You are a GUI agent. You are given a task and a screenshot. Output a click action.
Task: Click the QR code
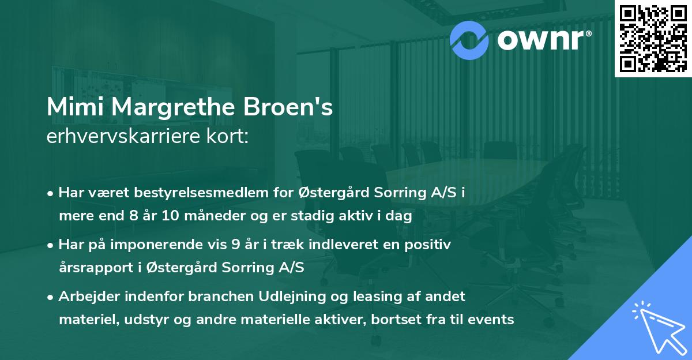pos(653,39)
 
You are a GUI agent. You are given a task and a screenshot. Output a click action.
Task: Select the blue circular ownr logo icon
pos(469,39)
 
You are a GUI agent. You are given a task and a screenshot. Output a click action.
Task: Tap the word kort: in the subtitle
pos(230,137)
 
